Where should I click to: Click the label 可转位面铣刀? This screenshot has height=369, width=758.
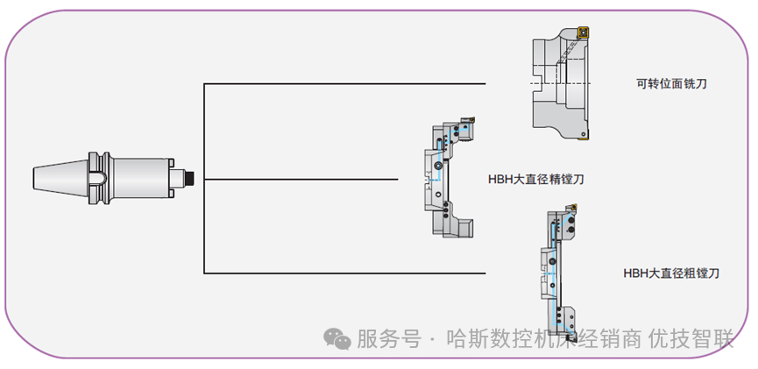point(672,84)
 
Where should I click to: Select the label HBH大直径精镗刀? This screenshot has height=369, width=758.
point(536,179)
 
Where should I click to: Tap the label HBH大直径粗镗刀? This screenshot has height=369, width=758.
point(671,273)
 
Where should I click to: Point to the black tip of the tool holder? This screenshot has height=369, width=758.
point(187,178)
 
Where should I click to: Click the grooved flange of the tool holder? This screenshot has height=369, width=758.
point(99,178)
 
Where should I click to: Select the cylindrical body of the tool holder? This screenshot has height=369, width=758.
point(140,178)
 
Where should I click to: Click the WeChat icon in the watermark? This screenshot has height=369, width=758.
point(336,339)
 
